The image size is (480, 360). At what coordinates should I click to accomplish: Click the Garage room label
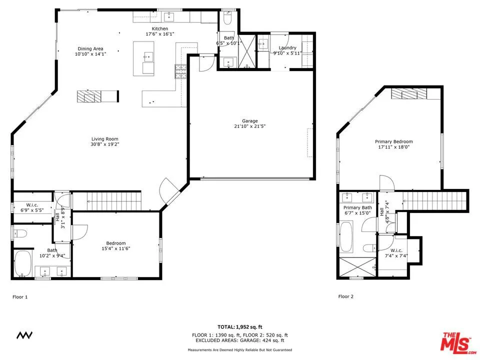(x=250, y=121)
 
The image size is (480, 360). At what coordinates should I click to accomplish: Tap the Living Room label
(x=105, y=139)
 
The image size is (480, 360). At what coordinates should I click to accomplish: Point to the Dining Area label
(x=90, y=48)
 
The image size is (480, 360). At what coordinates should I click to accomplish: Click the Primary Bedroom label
(x=394, y=141)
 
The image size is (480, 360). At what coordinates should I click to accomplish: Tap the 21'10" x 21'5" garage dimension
(x=250, y=126)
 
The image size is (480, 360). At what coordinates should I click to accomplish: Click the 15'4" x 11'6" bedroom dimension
(x=115, y=248)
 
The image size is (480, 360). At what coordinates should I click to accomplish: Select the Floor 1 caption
(x=20, y=297)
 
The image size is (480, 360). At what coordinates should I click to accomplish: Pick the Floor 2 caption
(x=345, y=296)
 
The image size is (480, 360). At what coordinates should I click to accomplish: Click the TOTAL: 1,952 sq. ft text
(x=240, y=326)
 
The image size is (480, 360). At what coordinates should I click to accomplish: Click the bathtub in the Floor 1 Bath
(x=23, y=263)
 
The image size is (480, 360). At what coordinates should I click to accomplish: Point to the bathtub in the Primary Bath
(x=346, y=236)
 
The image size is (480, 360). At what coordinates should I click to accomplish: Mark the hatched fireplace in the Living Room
(x=89, y=96)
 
